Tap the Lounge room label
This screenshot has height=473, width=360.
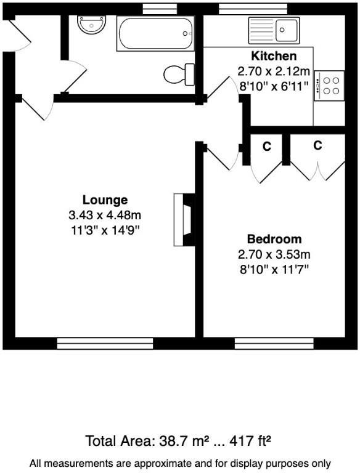point(105,200)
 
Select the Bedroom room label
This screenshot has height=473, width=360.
point(274,239)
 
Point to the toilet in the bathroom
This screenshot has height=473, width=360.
point(179,75)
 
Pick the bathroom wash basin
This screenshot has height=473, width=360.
point(92,25)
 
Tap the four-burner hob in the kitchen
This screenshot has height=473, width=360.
point(329,86)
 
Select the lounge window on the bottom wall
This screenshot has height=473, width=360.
point(105,343)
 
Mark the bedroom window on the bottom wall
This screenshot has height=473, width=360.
point(274,343)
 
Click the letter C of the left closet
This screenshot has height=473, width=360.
point(267,147)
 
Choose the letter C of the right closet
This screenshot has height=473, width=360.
point(317,146)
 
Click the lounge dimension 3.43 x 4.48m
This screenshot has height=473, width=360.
point(105,216)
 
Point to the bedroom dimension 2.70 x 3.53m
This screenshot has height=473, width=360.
point(274,254)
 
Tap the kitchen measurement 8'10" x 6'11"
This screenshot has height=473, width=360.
point(273,86)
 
